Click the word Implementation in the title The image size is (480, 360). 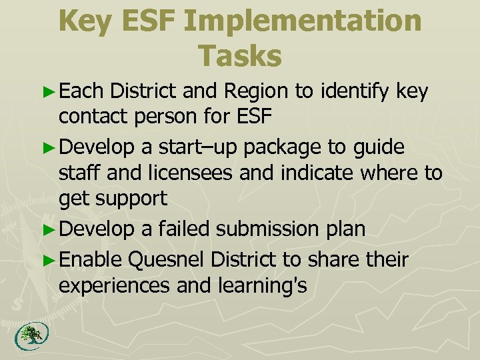coord(303,21)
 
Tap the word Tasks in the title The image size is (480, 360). coord(240,56)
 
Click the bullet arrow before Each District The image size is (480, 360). coord(52,92)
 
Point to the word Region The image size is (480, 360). coord(257,91)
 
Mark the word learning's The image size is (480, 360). coord(263,286)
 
